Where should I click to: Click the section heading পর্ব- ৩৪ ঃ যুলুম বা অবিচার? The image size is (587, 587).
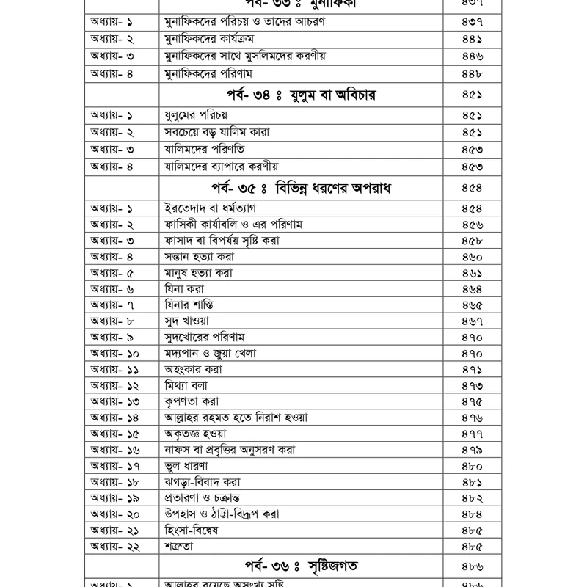(305, 94)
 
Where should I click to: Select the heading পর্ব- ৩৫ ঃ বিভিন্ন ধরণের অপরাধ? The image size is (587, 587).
(305, 188)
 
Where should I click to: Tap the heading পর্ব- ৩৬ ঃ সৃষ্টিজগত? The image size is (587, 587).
(305, 566)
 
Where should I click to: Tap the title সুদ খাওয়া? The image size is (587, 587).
(189, 321)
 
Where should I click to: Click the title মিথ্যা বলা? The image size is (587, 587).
(189, 385)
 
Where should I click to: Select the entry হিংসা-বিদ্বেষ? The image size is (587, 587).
(196, 530)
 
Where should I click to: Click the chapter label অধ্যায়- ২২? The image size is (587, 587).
(116, 546)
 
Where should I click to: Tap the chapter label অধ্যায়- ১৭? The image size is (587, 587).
(115, 465)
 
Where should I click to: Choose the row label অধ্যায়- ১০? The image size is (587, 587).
(116, 353)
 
